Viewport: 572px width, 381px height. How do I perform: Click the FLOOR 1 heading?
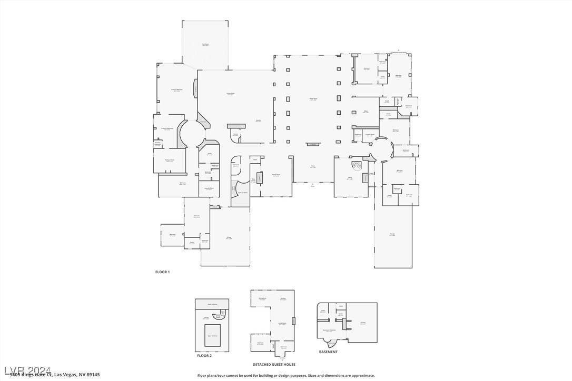point(162,272)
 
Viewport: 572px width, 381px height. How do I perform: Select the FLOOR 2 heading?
point(204,356)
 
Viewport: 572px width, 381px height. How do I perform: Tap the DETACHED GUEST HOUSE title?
point(274,364)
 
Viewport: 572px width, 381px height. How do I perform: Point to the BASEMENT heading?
point(328,352)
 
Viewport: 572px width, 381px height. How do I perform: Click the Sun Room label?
point(205,45)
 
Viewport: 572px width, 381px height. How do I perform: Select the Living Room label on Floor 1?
point(231,94)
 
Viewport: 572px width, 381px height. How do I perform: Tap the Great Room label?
point(313,99)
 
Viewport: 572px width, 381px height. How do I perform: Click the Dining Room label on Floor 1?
point(275,175)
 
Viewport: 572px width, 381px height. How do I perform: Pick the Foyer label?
point(313,166)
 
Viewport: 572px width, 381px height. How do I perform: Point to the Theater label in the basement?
point(363,323)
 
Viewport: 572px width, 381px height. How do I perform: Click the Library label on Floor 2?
point(206,318)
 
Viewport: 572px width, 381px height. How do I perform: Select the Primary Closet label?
point(169,161)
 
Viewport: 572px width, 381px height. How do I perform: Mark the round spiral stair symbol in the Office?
point(356,166)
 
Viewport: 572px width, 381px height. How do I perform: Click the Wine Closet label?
point(253,180)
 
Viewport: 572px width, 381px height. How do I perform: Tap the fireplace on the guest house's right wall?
point(294,320)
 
